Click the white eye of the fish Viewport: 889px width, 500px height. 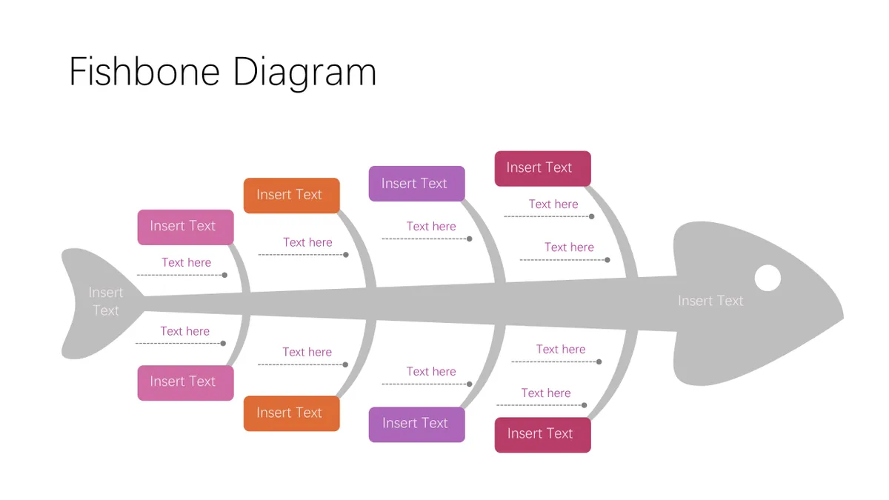[768, 278]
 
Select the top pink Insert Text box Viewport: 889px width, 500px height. [185, 227]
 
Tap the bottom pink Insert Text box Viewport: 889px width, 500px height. [185, 383]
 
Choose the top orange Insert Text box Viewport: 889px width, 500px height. [291, 196]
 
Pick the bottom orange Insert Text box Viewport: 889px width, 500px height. [291, 413]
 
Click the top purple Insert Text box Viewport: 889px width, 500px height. [416, 184]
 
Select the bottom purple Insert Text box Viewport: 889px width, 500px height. [416, 424]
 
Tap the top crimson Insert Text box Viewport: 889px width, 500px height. [542, 169]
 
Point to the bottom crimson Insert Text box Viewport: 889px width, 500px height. [542, 435]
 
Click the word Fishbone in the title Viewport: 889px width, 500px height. [144, 72]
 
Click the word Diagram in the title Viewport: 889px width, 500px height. [304, 74]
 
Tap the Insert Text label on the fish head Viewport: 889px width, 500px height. [710, 301]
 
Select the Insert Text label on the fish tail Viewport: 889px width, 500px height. [105, 301]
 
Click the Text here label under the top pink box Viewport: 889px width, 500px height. [186, 262]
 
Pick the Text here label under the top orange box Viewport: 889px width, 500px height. [307, 242]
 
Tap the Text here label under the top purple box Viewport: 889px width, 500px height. [431, 226]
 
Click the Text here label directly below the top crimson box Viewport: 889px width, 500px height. [553, 204]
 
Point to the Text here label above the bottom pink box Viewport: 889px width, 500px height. [184, 331]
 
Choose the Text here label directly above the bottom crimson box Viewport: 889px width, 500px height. [546, 393]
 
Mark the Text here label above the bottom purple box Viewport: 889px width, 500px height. [431, 371]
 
